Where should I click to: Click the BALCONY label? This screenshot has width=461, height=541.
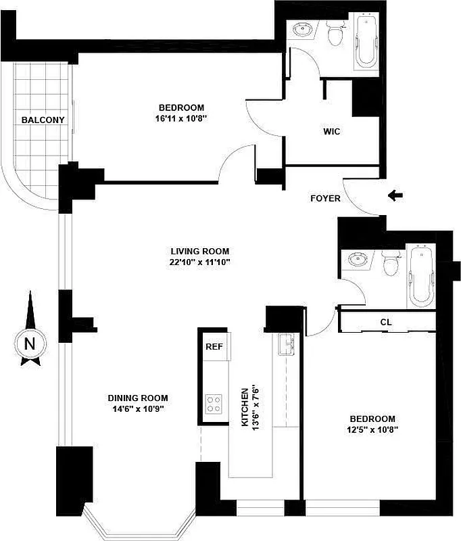tap(43, 120)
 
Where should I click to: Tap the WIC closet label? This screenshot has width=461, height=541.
tap(331, 131)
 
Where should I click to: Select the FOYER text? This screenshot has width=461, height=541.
tap(325, 199)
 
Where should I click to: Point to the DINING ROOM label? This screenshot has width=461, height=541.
tap(138, 398)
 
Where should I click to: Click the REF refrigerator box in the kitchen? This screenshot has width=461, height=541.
tap(214, 347)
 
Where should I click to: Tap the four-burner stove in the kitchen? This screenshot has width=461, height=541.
tap(214, 404)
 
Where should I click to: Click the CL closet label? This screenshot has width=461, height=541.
tap(386, 323)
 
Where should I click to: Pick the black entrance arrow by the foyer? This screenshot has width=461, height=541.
tap(396, 196)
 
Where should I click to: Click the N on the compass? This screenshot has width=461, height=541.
tap(29, 343)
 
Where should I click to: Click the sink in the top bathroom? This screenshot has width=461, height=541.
tap(302, 30)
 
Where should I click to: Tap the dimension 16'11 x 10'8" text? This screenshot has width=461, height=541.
tap(180, 119)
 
